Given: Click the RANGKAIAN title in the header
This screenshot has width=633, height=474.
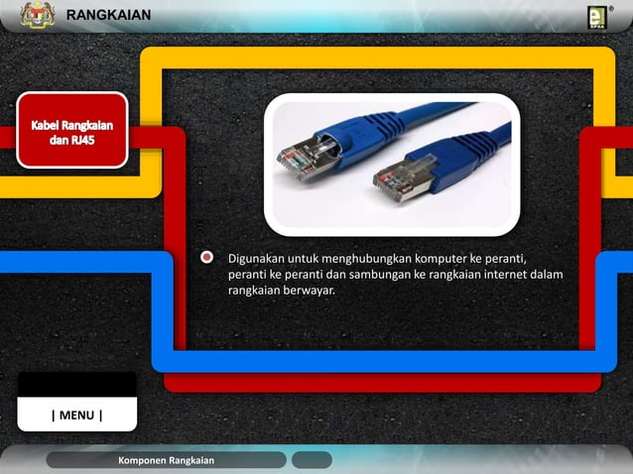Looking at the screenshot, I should [x=108, y=15].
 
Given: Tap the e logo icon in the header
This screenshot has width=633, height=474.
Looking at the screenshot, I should [x=596, y=17].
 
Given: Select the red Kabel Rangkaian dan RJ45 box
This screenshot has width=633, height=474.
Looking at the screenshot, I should [x=70, y=130].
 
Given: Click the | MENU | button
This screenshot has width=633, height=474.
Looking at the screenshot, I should [x=76, y=415].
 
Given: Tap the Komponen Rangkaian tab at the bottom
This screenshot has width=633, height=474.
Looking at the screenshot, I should [x=165, y=460].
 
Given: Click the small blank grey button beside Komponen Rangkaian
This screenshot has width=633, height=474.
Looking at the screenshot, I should [x=312, y=460].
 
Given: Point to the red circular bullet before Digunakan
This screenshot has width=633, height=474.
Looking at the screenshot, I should [x=207, y=258].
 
